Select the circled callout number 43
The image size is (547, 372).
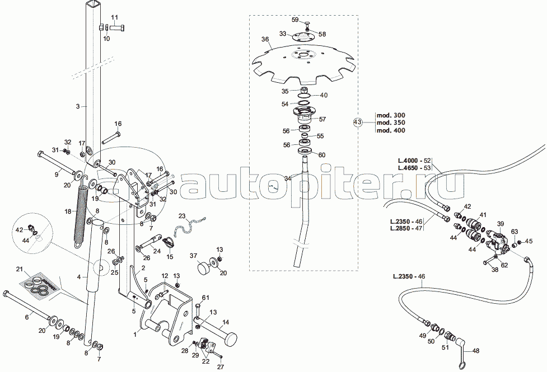(358, 122)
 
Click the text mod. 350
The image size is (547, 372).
(390, 122)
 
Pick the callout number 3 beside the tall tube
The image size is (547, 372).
(78, 105)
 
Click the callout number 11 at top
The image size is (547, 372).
(115, 18)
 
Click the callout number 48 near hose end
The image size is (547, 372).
(476, 351)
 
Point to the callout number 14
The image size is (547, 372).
(226, 322)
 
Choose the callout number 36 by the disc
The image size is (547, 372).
(265, 40)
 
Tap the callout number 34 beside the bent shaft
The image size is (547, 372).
(288, 178)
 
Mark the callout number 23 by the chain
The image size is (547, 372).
(181, 215)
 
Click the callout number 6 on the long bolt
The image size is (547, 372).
(26, 317)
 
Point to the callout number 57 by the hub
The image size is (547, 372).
(322, 119)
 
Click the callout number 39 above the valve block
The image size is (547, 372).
(501, 223)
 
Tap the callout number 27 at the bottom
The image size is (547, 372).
(220, 366)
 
